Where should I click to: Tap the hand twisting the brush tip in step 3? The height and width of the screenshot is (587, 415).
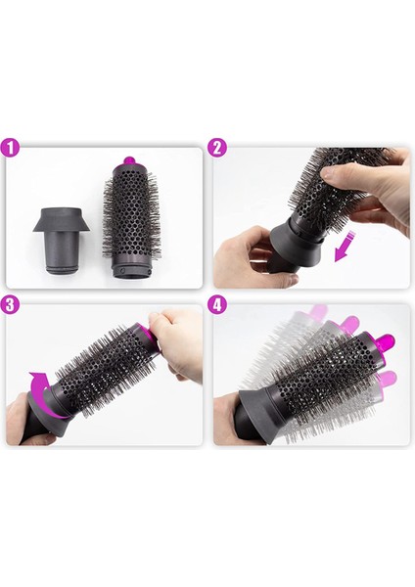pyautogui.click(x=176, y=342)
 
